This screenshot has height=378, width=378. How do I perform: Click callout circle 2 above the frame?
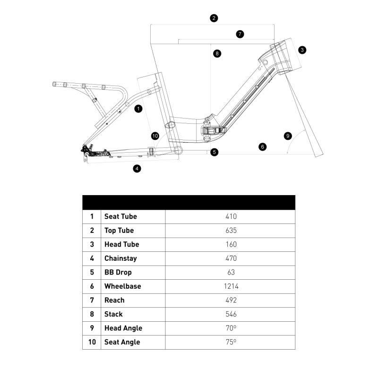tap(214, 18)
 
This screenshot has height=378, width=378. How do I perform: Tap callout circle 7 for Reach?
tap(240, 34)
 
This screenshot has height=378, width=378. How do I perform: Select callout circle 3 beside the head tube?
tap(302, 49)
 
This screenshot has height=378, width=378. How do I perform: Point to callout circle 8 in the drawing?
tap(217, 53)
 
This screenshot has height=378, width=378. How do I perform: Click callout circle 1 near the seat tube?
tap(138, 109)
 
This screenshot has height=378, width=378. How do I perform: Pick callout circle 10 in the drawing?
tap(155, 136)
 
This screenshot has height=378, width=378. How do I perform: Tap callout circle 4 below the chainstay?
tap(137, 168)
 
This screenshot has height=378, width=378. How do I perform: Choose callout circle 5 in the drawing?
tap(215, 152)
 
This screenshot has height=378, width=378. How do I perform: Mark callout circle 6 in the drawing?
tap(263, 147)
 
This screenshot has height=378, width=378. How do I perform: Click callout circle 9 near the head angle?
tap(288, 136)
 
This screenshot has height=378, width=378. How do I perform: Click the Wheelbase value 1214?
tap(231, 286)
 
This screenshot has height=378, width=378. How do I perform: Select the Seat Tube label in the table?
tap(120, 216)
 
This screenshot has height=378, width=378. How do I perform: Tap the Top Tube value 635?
tap(231, 231)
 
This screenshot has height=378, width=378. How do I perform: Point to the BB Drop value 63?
tap(231, 273)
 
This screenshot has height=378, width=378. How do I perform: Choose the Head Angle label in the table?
tap(123, 328)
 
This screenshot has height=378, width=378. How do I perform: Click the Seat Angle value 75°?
tap(231, 342)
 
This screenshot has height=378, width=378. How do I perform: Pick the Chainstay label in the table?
tap(121, 258)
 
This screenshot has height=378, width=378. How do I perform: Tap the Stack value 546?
tap(231, 314)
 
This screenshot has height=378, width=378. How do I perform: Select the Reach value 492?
tap(231, 301)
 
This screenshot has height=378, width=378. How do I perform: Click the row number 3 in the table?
tap(92, 245)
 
